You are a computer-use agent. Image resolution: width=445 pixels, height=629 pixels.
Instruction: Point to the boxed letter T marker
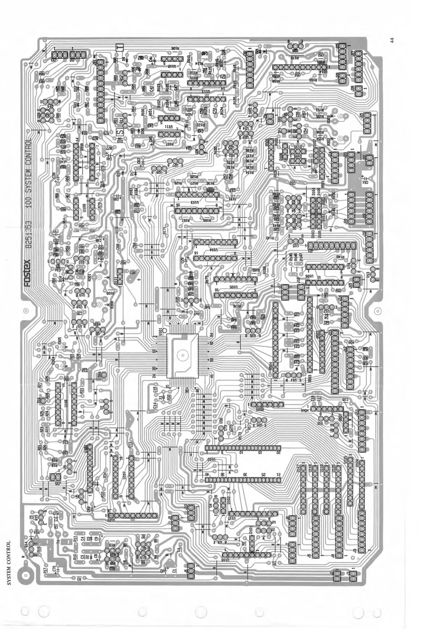click(120, 47)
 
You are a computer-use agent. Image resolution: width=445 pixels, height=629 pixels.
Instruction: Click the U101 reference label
click(160, 331)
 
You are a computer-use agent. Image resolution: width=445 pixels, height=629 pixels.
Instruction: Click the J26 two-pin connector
click(358, 90)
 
